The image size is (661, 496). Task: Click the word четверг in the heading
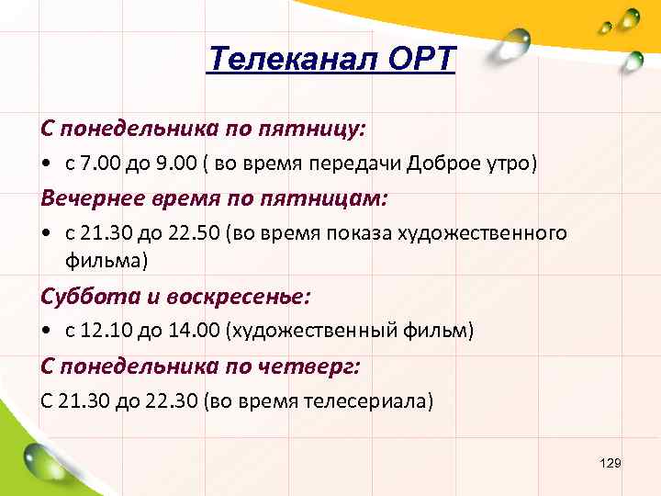pos(314,366)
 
